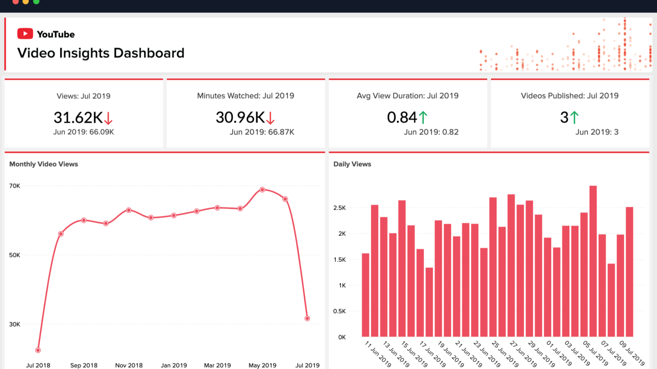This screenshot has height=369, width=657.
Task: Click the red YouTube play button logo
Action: pos(25,34)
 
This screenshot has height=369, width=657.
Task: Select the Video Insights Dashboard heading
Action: pos(101,53)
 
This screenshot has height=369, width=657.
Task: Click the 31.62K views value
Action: pos(78,118)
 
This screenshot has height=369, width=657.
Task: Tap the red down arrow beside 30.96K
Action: pos(270,119)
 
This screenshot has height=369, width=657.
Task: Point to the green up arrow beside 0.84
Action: pos(422,118)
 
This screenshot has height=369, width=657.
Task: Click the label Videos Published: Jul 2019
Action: pos(569,95)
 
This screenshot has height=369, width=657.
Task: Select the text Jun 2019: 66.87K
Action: pos(262,132)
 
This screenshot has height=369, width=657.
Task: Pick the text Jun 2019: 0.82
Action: pos(431,132)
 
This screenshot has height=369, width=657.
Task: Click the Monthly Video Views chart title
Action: pos(44,164)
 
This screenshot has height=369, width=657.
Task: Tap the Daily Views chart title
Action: pos(352,164)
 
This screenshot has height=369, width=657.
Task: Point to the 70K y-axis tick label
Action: pos(15,186)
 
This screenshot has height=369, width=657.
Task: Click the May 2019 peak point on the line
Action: pos(262,189)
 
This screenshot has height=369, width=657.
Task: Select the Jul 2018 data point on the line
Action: pos(38,350)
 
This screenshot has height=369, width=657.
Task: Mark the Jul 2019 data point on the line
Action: pos(307,318)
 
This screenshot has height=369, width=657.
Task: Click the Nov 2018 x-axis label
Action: pos(128,365)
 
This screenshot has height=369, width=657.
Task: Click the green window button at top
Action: pos(36,2)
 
